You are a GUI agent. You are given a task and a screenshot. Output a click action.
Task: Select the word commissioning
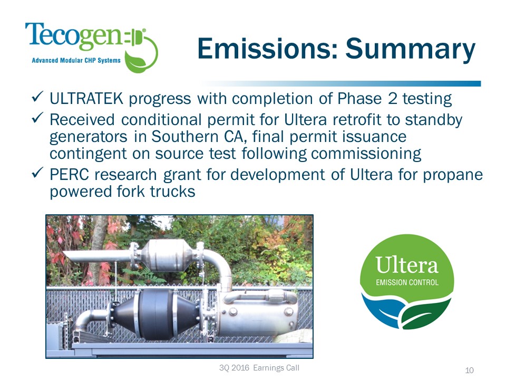click(x=366, y=154)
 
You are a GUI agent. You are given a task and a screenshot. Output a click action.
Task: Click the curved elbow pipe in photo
click(x=219, y=261)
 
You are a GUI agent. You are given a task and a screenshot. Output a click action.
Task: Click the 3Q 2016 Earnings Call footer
click(x=261, y=367)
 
